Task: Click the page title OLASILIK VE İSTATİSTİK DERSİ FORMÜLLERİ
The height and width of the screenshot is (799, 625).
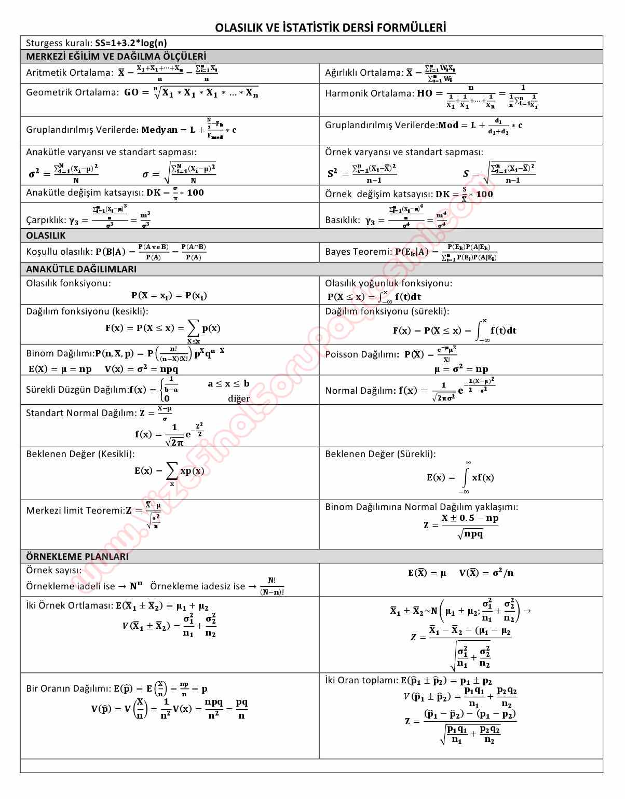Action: (331, 27)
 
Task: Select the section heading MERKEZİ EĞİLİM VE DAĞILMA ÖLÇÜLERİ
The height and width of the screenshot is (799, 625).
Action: (116, 56)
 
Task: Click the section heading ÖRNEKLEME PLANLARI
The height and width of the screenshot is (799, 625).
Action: (77, 556)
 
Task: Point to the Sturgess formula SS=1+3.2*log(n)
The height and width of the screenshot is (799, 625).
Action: (131, 43)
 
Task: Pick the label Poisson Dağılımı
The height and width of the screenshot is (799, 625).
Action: (362, 354)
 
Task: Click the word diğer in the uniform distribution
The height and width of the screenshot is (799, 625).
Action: (238, 398)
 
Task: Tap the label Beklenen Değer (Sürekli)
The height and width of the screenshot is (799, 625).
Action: (380, 454)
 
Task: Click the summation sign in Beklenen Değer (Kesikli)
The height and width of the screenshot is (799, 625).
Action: (171, 471)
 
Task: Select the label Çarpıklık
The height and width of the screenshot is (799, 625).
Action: (45, 220)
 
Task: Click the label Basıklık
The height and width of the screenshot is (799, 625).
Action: (342, 220)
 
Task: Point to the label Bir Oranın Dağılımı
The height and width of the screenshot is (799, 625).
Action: (68, 688)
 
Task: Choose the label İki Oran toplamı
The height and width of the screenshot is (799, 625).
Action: (361, 680)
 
